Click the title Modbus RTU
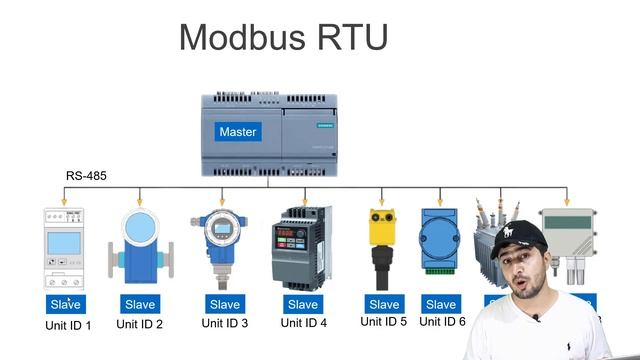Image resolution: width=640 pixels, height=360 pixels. tap(283, 37)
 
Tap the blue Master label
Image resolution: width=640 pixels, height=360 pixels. tap(238, 132)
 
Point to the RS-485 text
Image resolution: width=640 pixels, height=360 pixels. tap(86, 176)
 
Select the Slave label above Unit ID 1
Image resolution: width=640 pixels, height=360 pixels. tap(67, 304)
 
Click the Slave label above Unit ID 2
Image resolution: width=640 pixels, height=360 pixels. tap(140, 304)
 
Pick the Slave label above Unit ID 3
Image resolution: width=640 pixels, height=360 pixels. tap(224, 304)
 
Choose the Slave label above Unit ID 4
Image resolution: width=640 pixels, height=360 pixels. tap(302, 304)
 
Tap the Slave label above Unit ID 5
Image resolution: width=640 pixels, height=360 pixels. tap(384, 304)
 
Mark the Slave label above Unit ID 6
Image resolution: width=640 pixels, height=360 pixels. tap(440, 304)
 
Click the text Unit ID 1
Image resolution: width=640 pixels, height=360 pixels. tap(68, 325)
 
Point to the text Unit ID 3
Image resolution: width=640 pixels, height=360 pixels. tap(224, 323)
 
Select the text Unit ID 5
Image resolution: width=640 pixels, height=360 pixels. tap(384, 321)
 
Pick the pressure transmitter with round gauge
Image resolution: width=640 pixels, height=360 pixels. tap(219, 245)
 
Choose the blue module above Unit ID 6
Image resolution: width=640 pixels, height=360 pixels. tap(440, 240)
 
